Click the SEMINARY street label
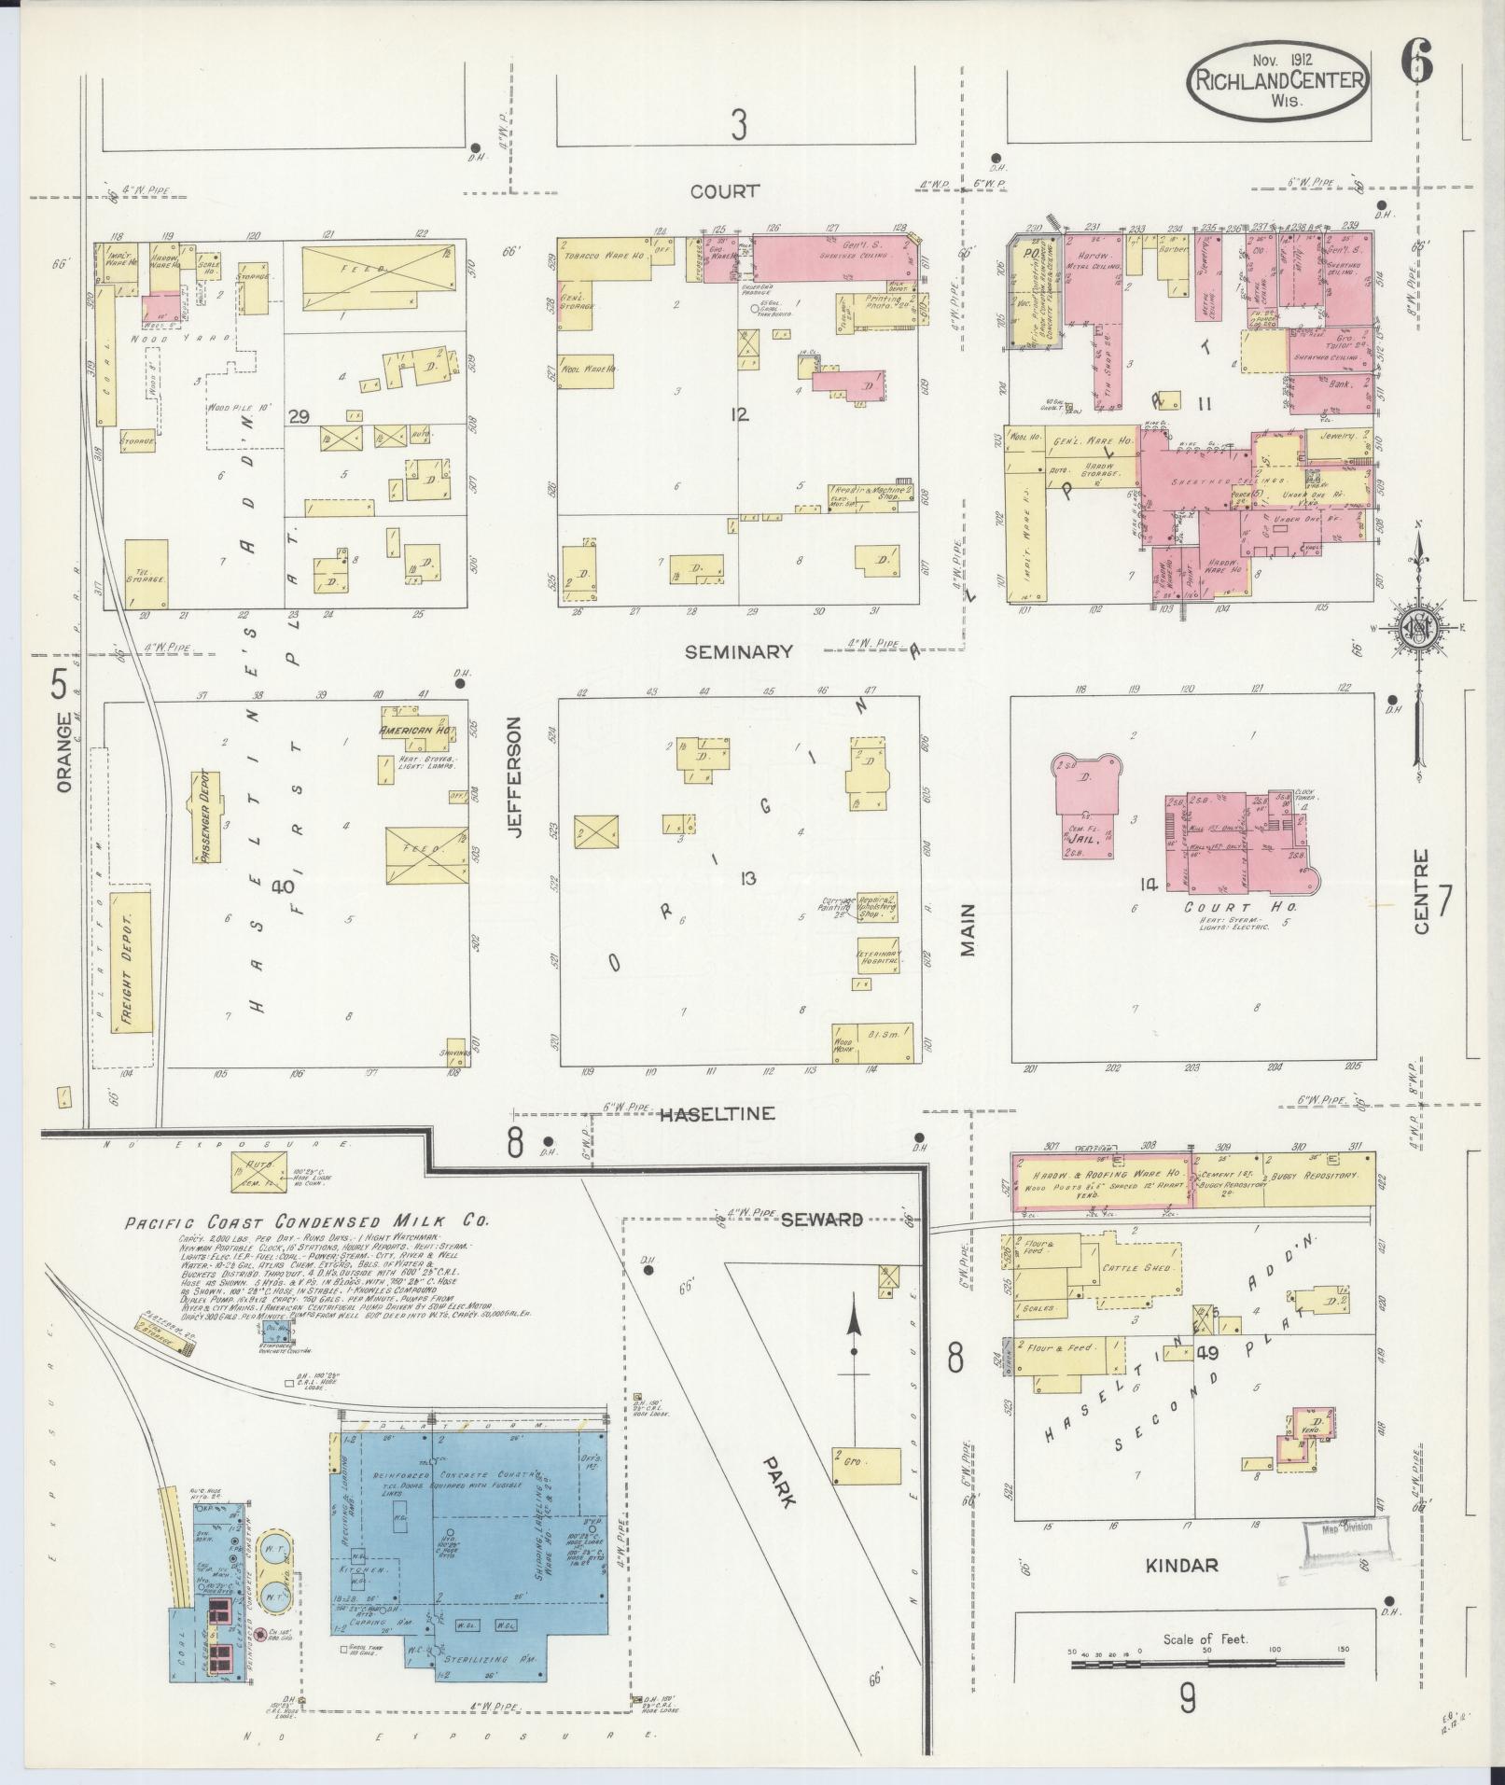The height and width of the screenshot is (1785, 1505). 738,651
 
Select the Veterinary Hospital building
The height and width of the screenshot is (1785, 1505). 878,957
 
